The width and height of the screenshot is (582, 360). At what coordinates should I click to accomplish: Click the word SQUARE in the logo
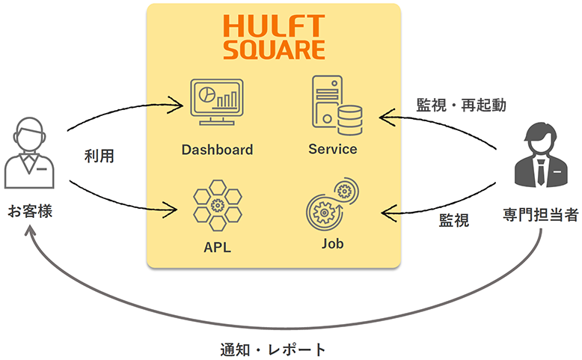coord(274,49)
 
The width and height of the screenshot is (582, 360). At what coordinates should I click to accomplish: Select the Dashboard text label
coord(217,149)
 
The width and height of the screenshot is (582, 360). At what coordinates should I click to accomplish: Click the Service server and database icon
coord(334,106)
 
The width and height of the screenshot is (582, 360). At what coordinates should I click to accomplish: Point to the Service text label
coord(333,149)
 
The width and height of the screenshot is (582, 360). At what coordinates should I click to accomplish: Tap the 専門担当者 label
coord(540,216)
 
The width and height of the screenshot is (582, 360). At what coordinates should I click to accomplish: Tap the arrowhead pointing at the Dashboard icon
coord(177,104)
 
